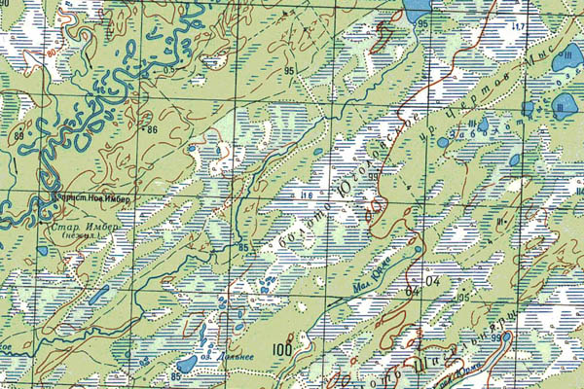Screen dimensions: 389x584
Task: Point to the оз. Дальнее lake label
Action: click(x=241, y=357)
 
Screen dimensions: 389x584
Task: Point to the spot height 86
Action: click(x=151, y=129)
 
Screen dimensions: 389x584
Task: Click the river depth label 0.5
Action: click(x=169, y=70)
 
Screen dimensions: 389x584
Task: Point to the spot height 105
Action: click(x=462, y=296)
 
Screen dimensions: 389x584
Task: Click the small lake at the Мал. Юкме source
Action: click(x=419, y=249)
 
